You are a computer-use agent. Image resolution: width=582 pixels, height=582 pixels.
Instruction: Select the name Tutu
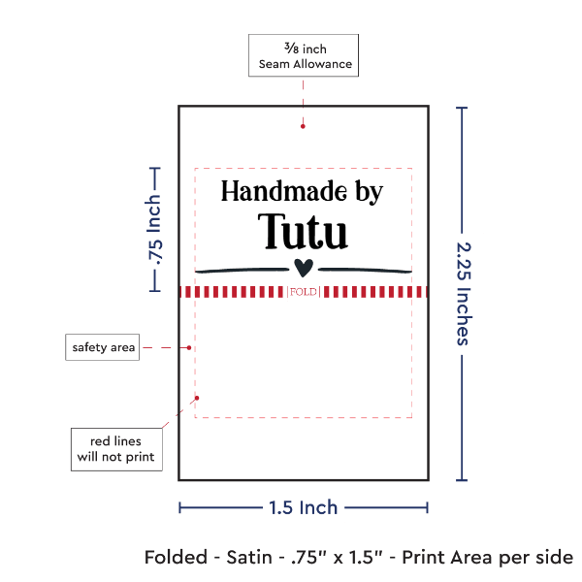(x=303, y=232)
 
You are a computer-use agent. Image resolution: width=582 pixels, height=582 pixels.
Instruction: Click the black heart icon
(x=304, y=268)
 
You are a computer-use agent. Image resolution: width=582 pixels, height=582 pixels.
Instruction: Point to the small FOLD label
(x=303, y=292)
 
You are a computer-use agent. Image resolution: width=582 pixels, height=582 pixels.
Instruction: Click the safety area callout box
(x=102, y=347)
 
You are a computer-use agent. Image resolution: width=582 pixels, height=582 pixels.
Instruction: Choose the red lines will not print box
(x=115, y=447)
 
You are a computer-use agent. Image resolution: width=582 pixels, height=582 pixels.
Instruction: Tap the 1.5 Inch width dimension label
(x=303, y=507)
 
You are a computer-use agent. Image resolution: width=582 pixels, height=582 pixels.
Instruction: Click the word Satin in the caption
(x=259, y=558)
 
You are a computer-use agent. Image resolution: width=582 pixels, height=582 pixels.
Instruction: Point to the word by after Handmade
(x=368, y=192)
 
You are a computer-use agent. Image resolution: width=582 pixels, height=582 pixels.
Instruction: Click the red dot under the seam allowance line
(x=304, y=125)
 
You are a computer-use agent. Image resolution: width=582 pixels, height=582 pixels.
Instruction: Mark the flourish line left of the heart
(x=242, y=269)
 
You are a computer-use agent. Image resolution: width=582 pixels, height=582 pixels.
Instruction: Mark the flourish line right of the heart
(x=365, y=269)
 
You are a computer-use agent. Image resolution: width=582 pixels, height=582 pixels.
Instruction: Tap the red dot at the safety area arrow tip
(x=190, y=347)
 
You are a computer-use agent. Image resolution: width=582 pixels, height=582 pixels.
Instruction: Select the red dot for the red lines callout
(x=197, y=397)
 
